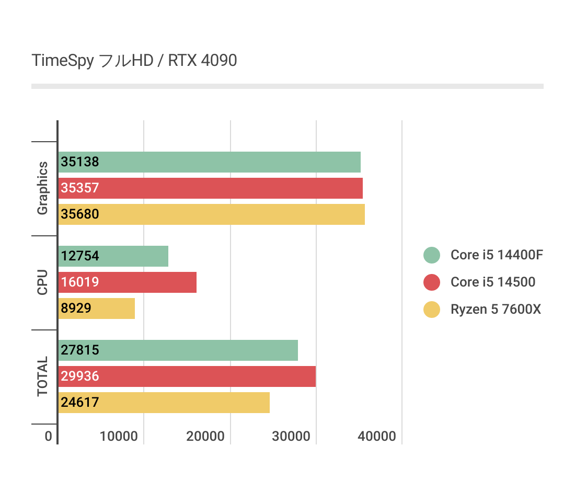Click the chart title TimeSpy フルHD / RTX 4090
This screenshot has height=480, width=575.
click(x=134, y=61)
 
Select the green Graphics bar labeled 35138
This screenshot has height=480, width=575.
click(x=209, y=162)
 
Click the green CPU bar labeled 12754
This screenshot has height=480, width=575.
click(x=113, y=256)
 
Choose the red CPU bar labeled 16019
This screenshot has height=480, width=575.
click(x=127, y=282)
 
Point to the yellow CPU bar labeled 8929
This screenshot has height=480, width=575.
click(x=96, y=308)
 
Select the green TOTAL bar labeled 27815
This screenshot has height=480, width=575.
click(x=178, y=350)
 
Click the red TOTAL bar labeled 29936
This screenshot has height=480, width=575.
click(x=187, y=376)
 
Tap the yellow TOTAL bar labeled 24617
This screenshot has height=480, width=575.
click(x=164, y=403)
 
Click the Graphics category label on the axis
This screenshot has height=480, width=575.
click(x=42, y=188)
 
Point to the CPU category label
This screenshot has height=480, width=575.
click(x=42, y=282)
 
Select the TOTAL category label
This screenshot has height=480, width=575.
click(x=42, y=376)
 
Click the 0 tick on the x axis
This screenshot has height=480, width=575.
click(x=49, y=437)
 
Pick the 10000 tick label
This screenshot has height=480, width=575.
click(x=119, y=437)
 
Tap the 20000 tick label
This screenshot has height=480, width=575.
click(x=205, y=437)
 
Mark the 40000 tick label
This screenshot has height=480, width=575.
click(x=377, y=437)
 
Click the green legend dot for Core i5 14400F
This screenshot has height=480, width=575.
click(x=432, y=255)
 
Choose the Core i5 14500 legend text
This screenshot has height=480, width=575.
click(x=493, y=282)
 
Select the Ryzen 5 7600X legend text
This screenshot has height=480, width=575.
click(x=496, y=310)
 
